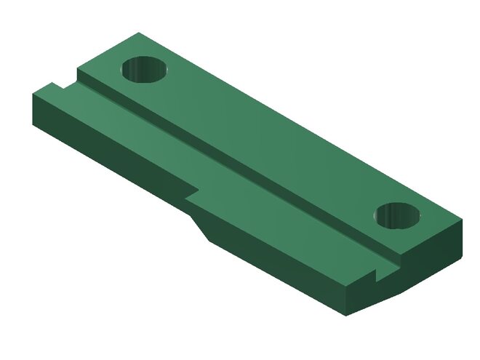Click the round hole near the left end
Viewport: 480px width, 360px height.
[144, 70]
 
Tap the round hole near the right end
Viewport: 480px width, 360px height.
[399, 215]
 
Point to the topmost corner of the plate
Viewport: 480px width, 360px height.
[138, 33]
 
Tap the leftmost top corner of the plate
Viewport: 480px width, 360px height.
[32, 95]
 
